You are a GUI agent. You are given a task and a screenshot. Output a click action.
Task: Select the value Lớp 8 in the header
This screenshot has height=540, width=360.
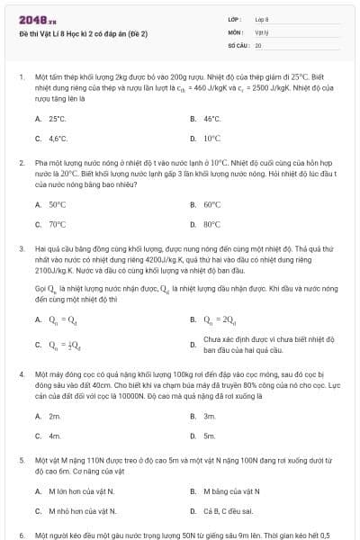point(262,18)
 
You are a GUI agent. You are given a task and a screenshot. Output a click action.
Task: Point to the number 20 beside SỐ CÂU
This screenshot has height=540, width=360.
point(258,44)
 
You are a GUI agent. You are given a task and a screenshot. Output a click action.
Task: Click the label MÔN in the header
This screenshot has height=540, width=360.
point(236,31)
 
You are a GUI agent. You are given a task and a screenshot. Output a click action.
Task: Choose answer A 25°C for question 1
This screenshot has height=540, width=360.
point(58,118)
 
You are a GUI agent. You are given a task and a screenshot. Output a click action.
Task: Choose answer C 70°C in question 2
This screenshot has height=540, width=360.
point(58,224)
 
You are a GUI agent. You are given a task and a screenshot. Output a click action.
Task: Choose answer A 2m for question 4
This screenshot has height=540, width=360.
point(55,416)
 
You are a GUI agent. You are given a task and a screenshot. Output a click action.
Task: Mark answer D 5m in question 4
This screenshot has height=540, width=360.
point(210,436)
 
